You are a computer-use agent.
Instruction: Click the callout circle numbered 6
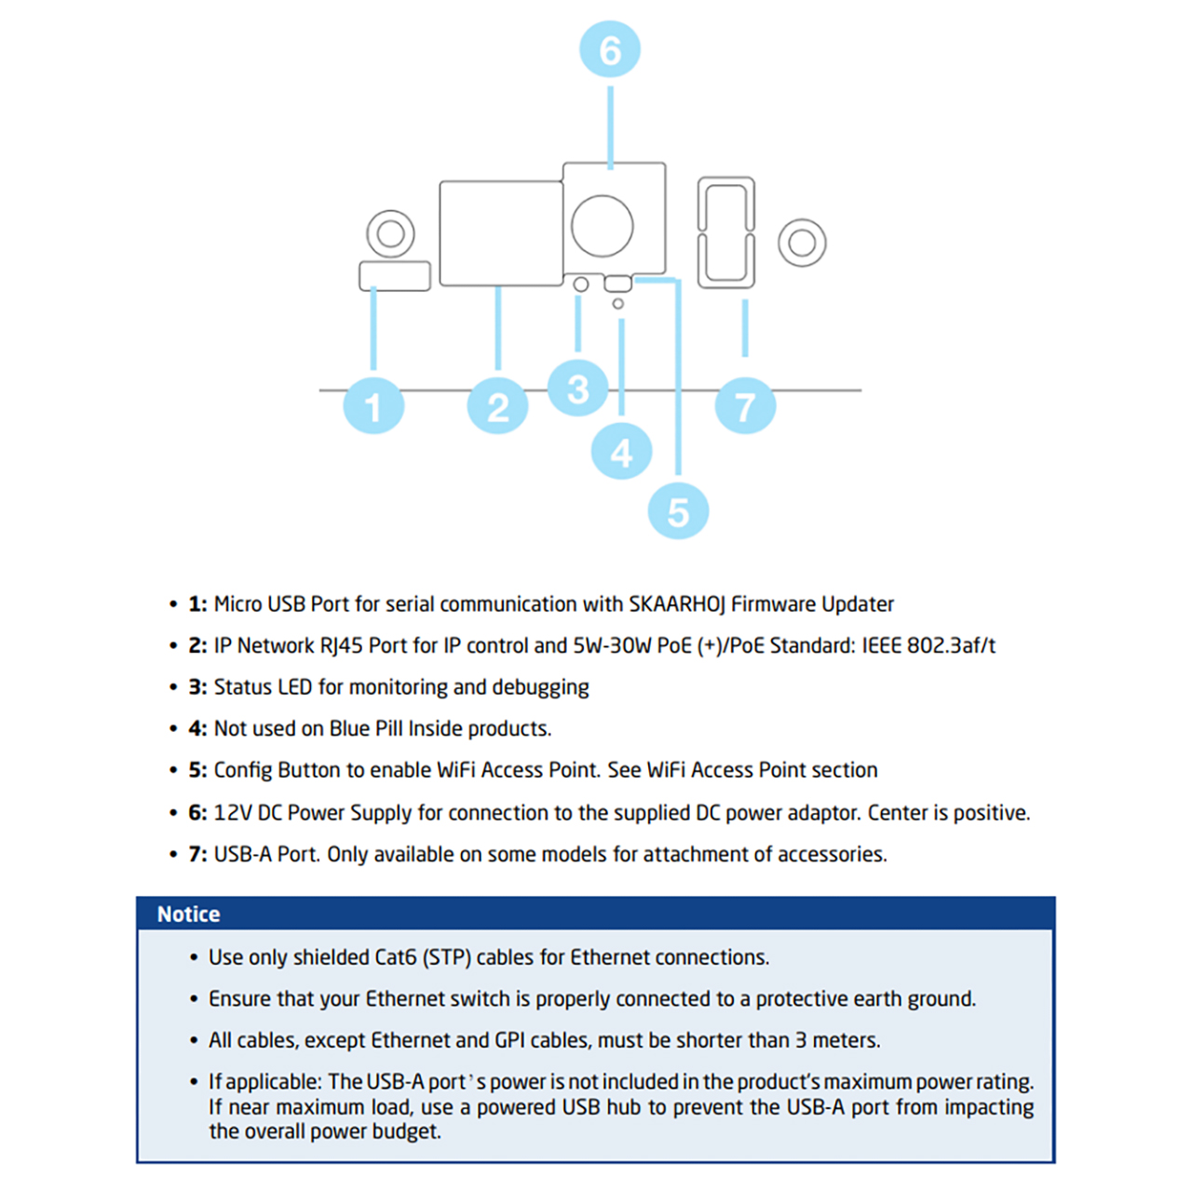(610, 49)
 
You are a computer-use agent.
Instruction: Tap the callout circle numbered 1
(373, 406)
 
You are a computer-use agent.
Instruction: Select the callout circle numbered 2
(498, 406)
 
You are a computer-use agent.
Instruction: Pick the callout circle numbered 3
(578, 388)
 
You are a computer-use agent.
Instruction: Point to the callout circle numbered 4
(621, 452)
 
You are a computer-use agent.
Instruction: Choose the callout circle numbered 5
(678, 511)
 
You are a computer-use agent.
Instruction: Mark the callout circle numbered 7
(745, 406)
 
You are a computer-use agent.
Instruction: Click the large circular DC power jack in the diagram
(603, 225)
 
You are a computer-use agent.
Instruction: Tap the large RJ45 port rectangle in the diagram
(501, 233)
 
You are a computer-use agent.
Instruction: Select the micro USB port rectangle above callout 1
(395, 276)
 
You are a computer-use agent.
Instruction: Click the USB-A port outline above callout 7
(726, 233)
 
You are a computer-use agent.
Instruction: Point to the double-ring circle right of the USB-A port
(802, 243)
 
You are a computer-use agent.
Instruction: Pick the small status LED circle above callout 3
(581, 284)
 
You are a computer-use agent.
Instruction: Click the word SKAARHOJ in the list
(677, 604)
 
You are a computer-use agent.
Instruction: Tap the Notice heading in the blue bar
(189, 914)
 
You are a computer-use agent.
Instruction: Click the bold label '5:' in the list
(197, 770)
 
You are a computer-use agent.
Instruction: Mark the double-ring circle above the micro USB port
(390, 234)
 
